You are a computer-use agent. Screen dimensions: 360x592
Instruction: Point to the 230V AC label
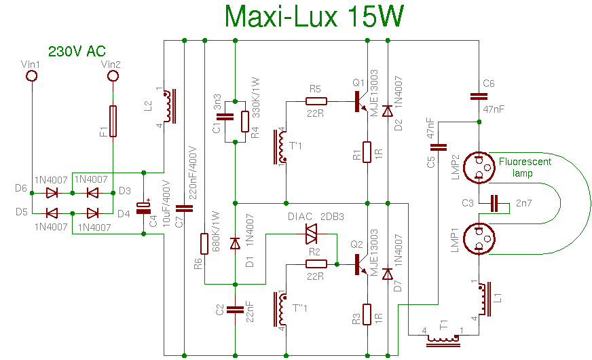point(76,52)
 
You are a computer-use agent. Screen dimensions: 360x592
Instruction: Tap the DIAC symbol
point(310,234)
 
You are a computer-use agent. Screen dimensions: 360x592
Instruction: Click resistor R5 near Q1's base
point(316,101)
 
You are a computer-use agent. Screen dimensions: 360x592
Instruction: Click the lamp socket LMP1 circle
point(479,238)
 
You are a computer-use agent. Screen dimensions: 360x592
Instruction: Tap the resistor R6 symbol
point(204,244)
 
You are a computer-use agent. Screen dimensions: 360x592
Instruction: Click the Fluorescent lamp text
point(525,167)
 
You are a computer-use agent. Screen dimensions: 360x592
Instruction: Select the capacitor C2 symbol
point(234,309)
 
